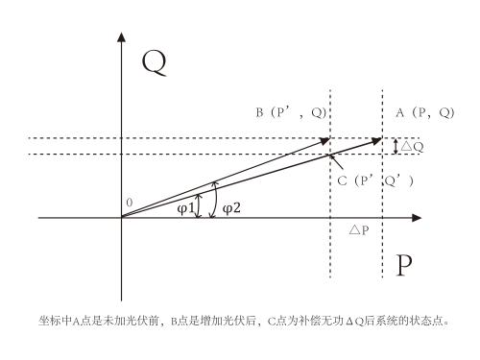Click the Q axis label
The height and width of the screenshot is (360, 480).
[x=154, y=63]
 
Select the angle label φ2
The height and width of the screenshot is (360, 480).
[x=231, y=208]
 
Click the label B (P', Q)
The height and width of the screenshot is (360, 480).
[x=289, y=113]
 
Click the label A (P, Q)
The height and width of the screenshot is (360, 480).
[x=423, y=113]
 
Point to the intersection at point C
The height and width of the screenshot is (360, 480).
[x=330, y=155]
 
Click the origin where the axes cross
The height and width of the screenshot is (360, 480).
[x=121, y=219]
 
